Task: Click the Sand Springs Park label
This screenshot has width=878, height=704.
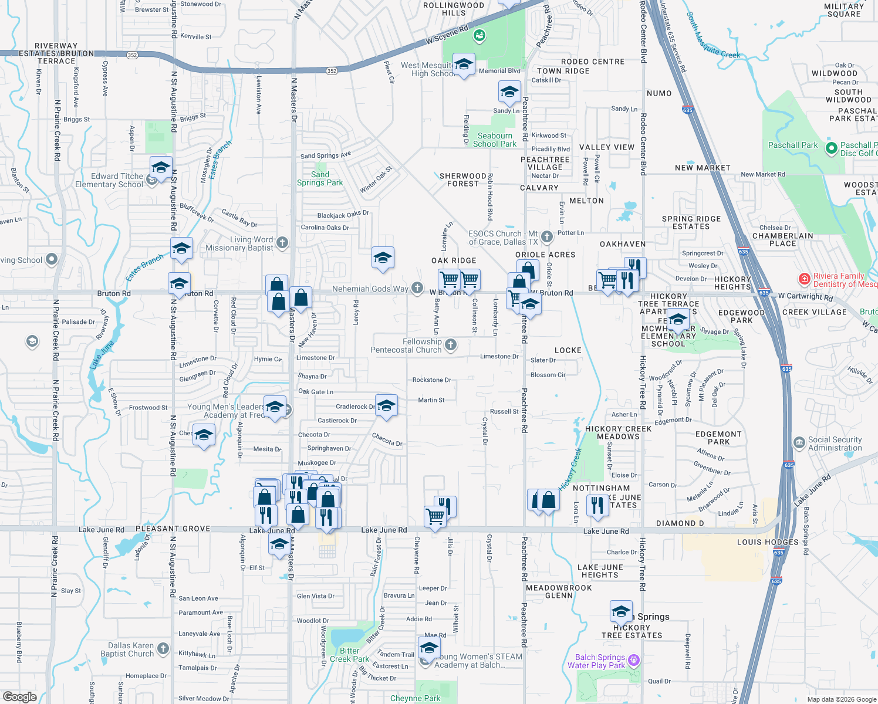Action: point(320,178)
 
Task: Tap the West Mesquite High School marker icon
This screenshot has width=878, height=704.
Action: point(464,65)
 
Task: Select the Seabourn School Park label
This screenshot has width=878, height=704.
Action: point(495,140)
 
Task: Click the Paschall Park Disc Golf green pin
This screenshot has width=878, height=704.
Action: point(831,148)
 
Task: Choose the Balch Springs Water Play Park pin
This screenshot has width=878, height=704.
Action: point(634,661)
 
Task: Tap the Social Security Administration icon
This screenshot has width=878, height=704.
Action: point(799,443)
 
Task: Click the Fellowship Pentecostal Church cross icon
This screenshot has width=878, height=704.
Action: point(450,345)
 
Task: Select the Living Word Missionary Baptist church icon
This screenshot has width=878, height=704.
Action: point(282,242)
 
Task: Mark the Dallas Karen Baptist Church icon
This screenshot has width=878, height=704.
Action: point(163,649)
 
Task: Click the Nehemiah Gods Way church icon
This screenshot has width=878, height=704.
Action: point(417,287)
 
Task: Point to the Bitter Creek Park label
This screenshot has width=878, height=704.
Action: point(350,655)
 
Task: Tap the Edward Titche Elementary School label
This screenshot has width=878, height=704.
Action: point(109,180)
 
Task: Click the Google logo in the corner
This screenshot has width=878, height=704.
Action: point(19,696)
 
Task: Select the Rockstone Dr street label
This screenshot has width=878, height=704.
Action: point(431,380)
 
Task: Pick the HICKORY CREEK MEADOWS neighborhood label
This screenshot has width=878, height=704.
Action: point(618,432)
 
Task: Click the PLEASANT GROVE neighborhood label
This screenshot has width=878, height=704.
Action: point(173,529)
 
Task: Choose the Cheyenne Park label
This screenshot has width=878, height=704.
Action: point(415,698)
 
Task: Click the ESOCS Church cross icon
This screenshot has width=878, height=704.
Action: point(546,236)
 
